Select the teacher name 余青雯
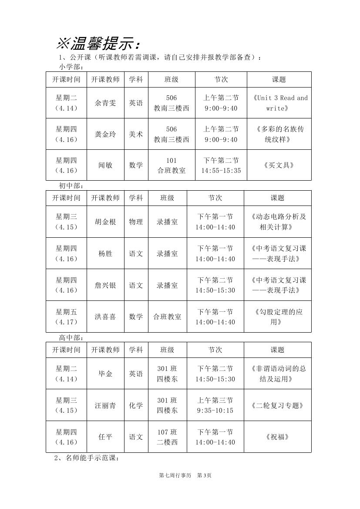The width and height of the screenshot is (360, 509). click(105, 103)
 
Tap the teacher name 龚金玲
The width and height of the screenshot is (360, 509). click(105, 134)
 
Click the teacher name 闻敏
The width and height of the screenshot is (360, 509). click(105, 165)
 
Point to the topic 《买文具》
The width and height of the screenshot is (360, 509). click(279, 165)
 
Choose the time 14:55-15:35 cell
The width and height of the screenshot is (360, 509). click(221, 171)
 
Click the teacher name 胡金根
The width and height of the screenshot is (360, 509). click(105, 222)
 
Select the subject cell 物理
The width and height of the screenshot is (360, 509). click(136, 222)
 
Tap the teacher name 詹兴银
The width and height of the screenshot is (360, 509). click(105, 285)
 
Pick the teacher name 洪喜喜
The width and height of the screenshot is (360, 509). click(105, 317)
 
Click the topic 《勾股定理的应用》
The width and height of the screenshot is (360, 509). click(277, 317)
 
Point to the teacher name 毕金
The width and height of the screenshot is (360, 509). click(105, 374)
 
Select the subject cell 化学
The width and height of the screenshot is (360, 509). click(136, 405)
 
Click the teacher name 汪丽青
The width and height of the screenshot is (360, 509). click(105, 405)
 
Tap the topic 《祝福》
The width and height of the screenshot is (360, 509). click(277, 437)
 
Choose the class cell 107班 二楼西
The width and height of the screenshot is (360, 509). click(167, 437)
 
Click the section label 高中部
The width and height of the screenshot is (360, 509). click(71, 337)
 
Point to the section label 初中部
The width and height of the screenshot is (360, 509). click(71, 185)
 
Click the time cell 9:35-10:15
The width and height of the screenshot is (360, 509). click(215, 411)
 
